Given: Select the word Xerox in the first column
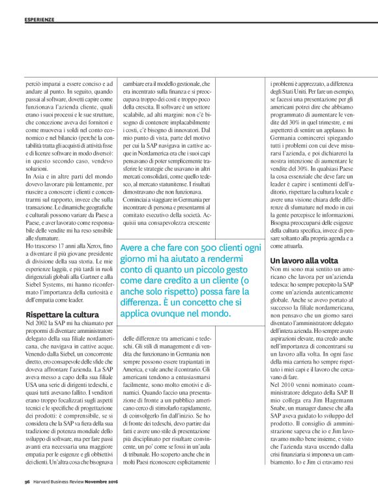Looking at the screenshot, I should pyautogui.click(x=74, y=243).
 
